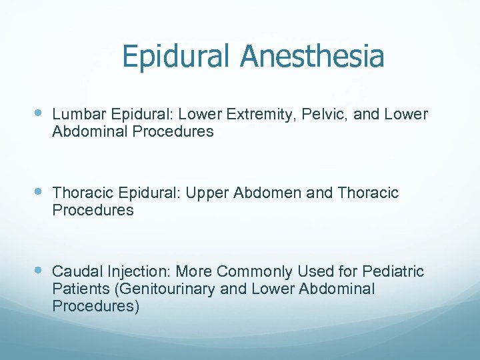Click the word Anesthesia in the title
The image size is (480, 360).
pos(313,56)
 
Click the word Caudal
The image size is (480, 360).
pos(73,272)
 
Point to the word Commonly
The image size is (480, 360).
pos(255,272)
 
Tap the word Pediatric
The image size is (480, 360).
pos(393,272)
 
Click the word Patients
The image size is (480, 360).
pos(77,289)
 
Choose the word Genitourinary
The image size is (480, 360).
pos(157,289)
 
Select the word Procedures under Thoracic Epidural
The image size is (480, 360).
pos(93,211)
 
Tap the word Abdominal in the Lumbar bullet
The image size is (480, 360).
pos(90,132)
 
